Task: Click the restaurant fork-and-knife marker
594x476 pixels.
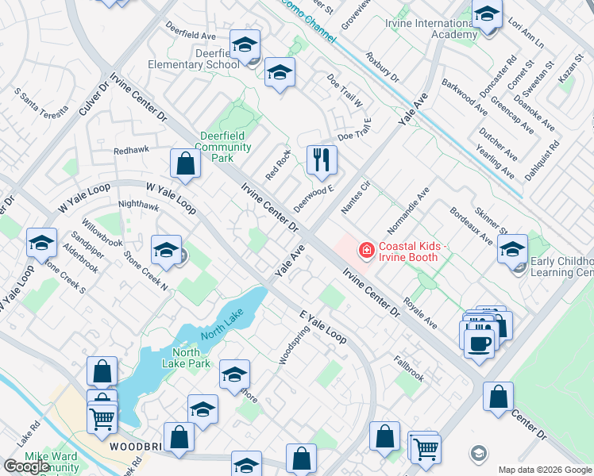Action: [x=322, y=160]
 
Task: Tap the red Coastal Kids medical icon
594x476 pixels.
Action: [x=366, y=251]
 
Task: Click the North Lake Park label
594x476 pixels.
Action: [x=191, y=358]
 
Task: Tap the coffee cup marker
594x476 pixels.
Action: [x=480, y=344]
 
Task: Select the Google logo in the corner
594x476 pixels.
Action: [x=27, y=466]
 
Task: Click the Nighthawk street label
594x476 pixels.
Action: [x=138, y=205]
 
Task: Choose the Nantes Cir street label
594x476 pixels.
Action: [x=356, y=198]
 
